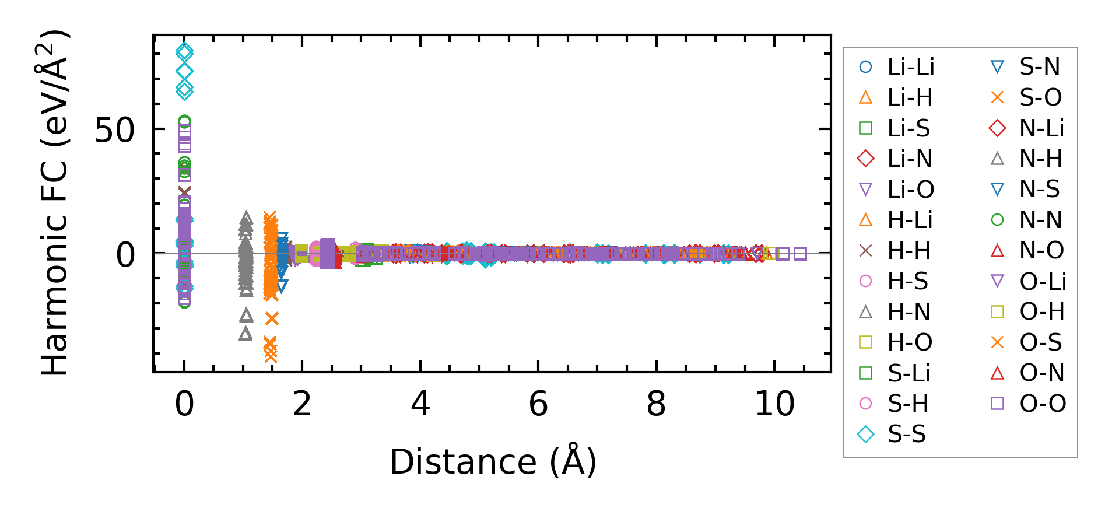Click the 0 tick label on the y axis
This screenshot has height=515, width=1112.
(125, 255)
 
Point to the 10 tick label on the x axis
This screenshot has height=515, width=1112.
(774, 404)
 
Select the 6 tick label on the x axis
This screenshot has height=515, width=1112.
(538, 404)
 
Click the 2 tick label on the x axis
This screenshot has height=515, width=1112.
(302, 404)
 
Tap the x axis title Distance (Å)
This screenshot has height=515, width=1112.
(493, 462)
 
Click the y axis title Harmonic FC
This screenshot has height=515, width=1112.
(55, 202)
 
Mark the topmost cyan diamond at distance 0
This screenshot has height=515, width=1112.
(184, 51)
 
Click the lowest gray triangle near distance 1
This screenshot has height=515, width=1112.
(246, 334)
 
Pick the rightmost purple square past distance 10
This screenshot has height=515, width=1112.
(800, 254)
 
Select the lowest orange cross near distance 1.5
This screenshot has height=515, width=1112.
(271, 356)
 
